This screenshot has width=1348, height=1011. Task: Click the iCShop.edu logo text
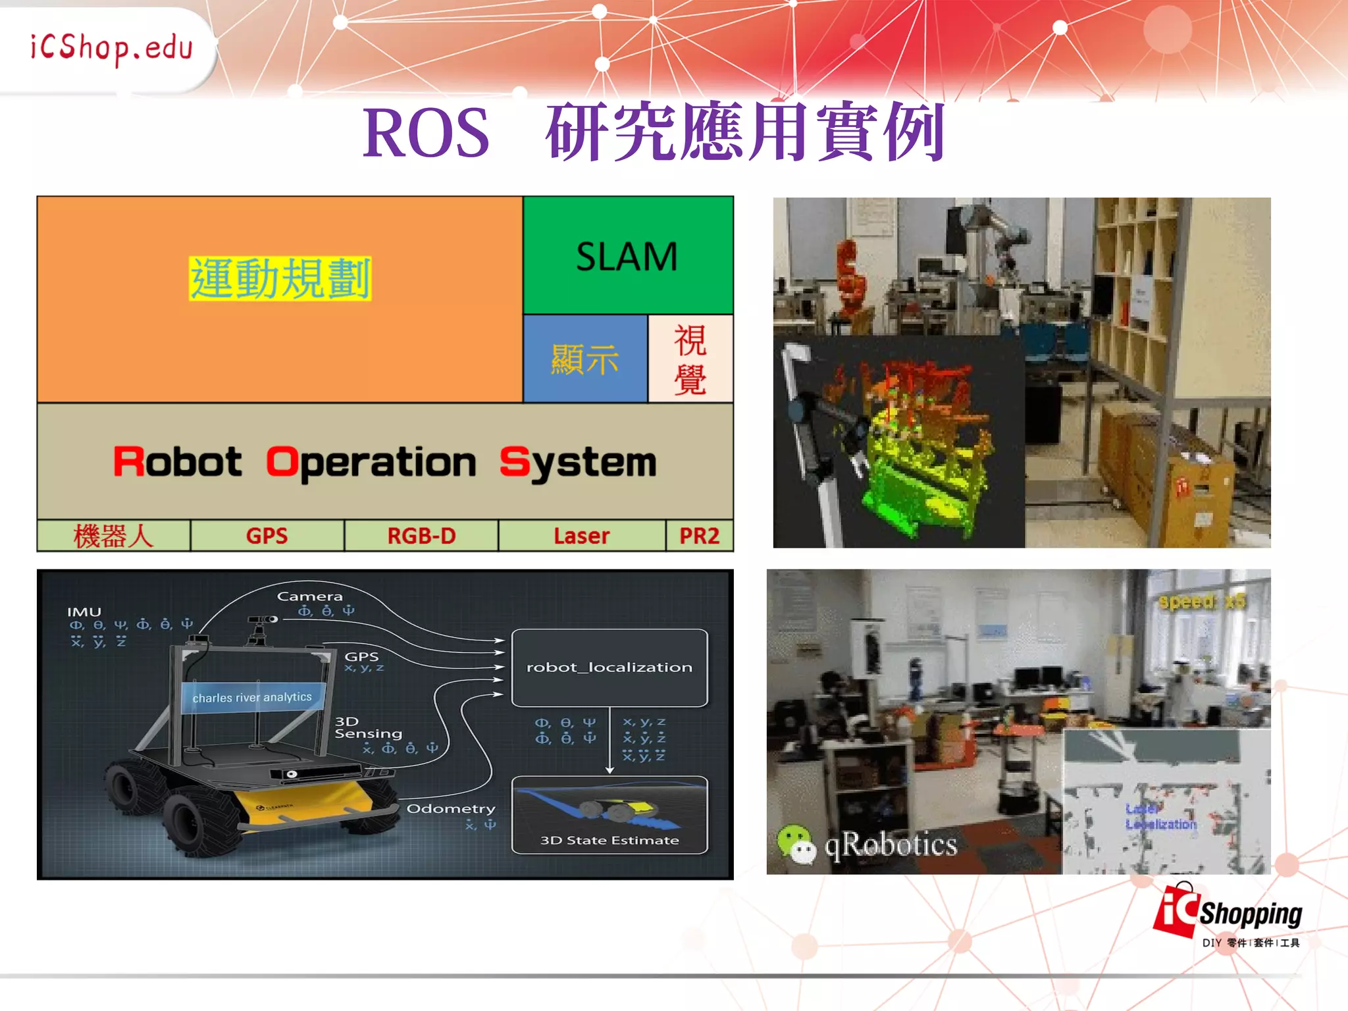tap(111, 48)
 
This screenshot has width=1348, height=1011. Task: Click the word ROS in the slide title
tap(427, 134)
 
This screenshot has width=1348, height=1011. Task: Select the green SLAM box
tap(627, 256)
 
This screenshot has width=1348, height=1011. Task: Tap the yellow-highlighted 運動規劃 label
tap(280, 279)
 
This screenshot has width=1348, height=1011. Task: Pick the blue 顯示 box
tap(584, 359)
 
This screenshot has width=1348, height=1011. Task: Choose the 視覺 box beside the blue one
tap(690, 359)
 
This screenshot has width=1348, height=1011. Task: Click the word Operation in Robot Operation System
tap(371, 463)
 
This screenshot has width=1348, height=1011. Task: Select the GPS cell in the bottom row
tap(267, 536)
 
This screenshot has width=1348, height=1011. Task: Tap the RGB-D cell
tap(421, 536)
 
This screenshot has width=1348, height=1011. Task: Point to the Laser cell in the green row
tap(582, 536)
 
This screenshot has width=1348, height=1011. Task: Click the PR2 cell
tap(699, 536)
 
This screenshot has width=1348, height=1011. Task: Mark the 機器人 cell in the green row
tap(113, 536)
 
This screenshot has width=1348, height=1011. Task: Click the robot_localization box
tap(609, 667)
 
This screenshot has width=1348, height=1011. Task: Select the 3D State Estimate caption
tap(609, 841)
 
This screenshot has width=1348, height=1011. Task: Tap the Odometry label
tap(451, 808)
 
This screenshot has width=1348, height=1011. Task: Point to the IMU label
tap(84, 612)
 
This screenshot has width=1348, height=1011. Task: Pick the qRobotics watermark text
tap(891, 845)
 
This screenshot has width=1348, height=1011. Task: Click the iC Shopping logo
tap(1228, 915)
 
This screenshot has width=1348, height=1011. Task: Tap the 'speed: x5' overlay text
tap(1202, 602)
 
